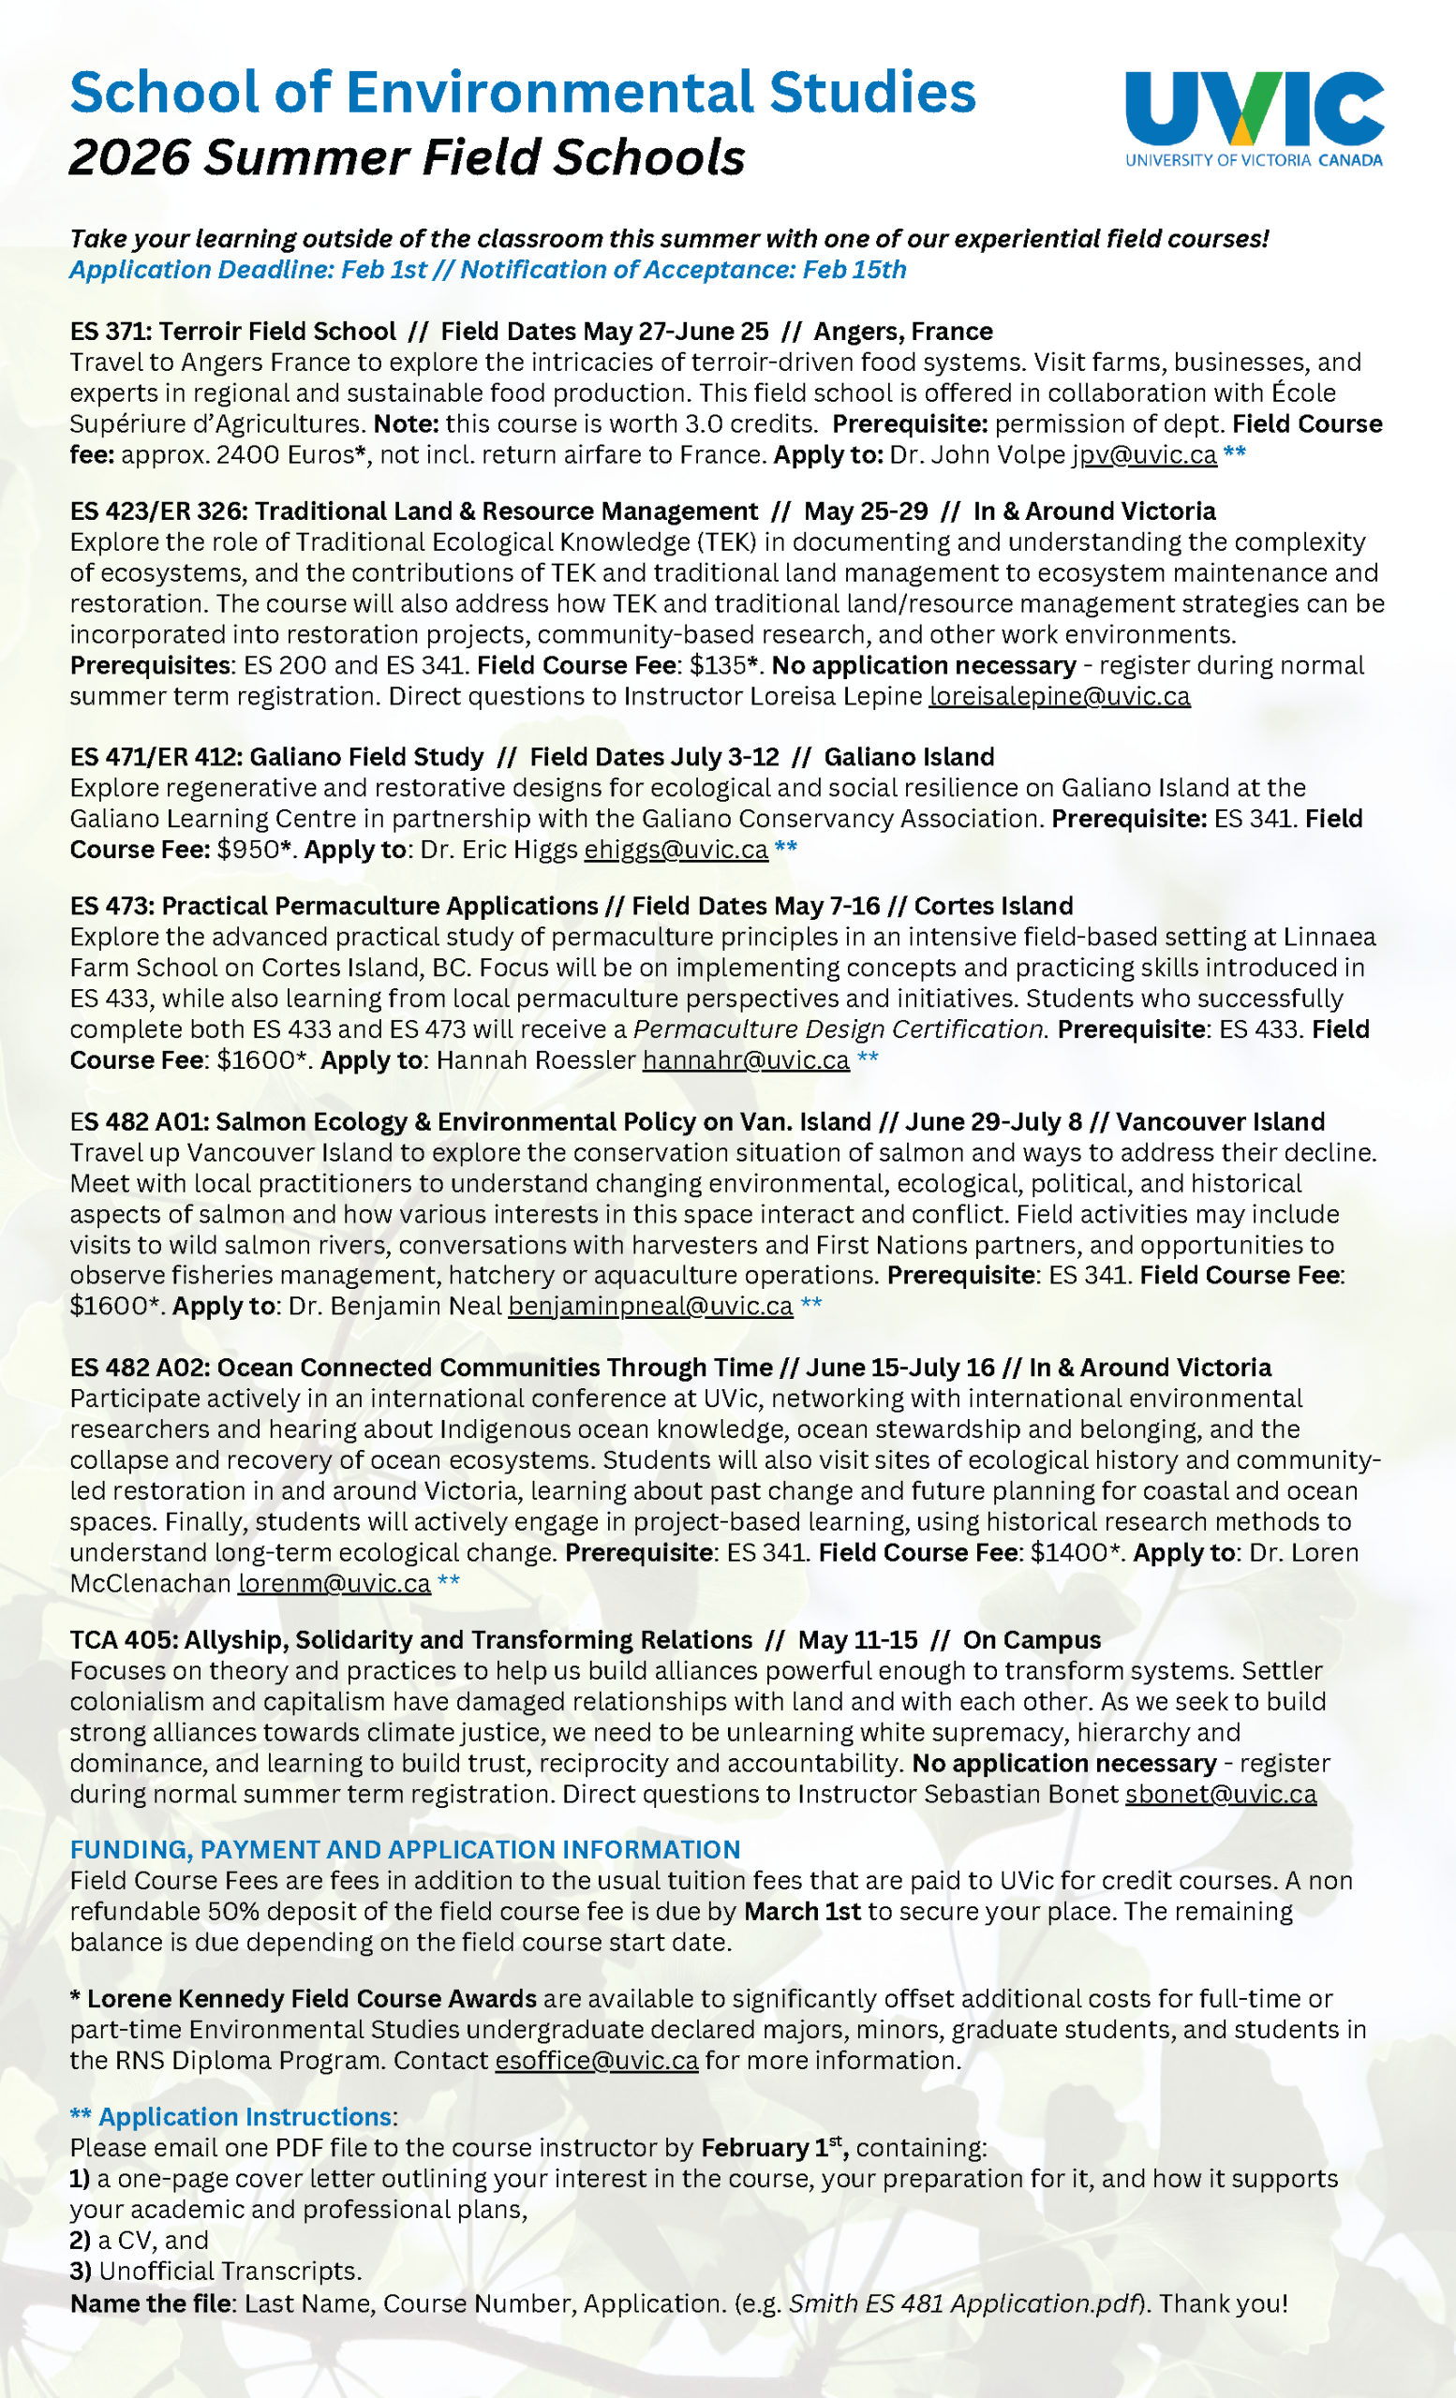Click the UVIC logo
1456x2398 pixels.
(x=1254, y=117)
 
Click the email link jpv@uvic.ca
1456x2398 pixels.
(x=1144, y=455)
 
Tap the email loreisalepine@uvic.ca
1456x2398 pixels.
(x=1059, y=697)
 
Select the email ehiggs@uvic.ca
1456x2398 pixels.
(x=676, y=850)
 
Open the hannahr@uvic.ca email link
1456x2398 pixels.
(x=746, y=1059)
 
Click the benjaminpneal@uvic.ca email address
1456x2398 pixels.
(x=650, y=1306)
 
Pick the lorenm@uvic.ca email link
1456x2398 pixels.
(x=334, y=1583)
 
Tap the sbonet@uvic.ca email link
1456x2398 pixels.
(x=1221, y=1794)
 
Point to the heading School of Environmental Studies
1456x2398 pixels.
(x=523, y=93)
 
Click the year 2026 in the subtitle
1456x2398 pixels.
(x=129, y=157)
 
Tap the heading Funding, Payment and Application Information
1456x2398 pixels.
(x=405, y=1850)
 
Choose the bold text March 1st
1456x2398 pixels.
(x=802, y=1912)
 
